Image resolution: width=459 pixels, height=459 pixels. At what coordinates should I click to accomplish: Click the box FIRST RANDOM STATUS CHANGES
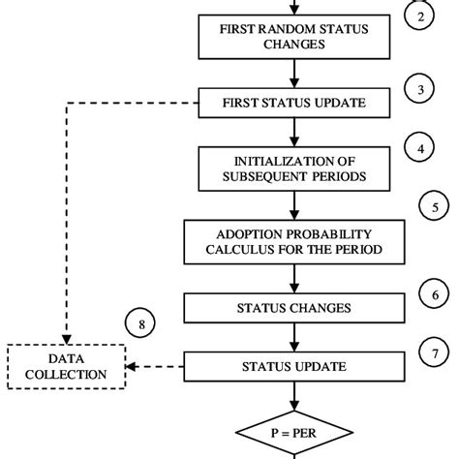pos(292,37)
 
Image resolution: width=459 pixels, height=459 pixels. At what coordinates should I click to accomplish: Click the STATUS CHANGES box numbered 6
pos(293,308)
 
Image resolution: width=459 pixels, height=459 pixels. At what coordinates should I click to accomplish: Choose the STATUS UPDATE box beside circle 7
pos(293,367)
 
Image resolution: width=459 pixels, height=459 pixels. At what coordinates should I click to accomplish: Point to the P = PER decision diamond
pos(293,437)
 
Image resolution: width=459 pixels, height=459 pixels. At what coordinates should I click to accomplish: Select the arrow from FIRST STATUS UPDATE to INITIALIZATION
pos(293,130)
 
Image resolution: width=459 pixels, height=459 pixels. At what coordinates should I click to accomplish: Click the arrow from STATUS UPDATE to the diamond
pos(293,399)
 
